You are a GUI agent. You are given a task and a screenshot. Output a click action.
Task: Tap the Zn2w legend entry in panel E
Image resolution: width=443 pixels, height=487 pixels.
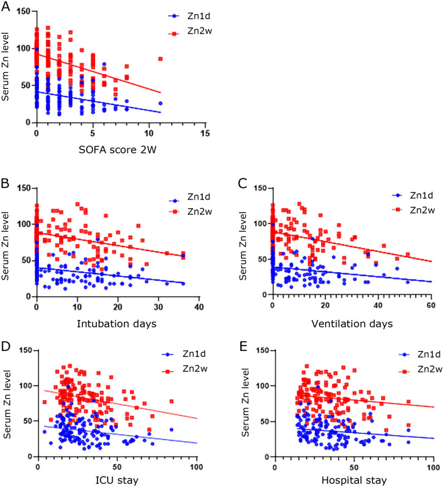click(416, 369)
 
